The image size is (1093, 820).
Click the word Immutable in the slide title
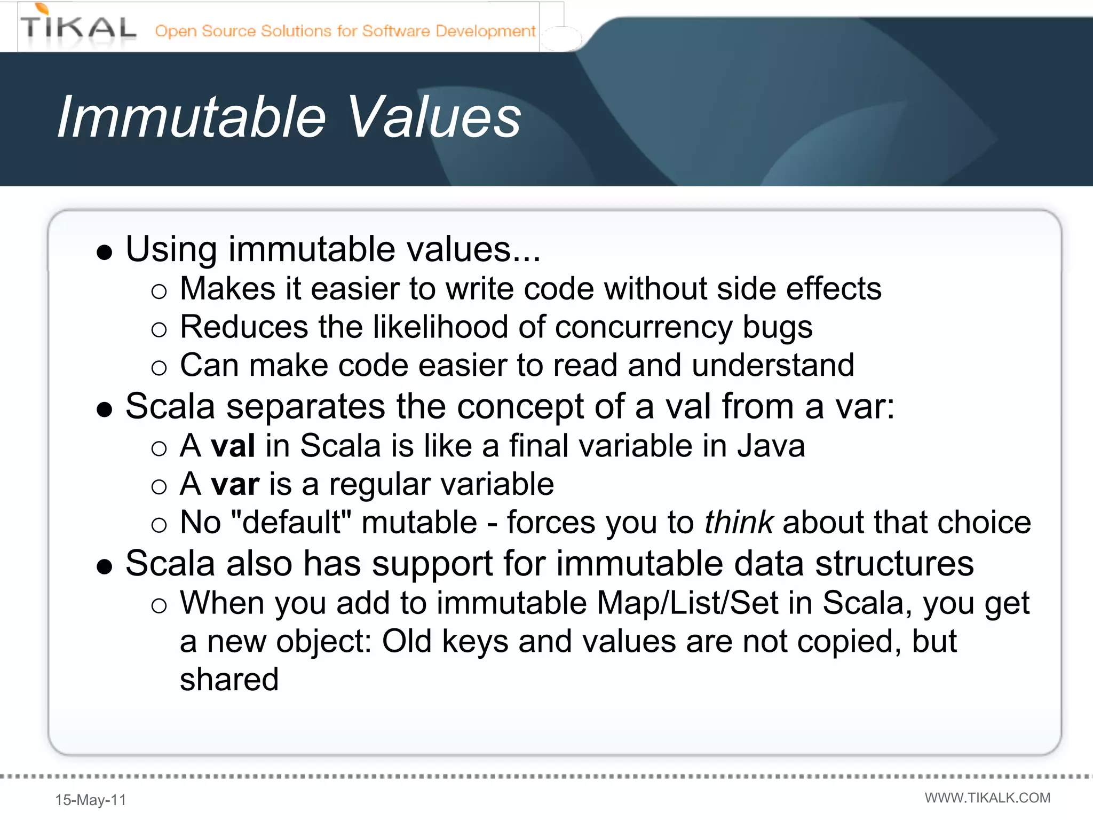pyautogui.click(x=191, y=117)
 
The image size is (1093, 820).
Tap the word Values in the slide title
pyautogui.click(x=434, y=117)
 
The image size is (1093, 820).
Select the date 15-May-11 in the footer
pyautogui.click(x=91, y=800)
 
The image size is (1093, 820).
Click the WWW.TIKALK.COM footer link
pyautogui.click(x=987, y=798)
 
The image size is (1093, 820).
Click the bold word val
pyautogui.click(x=233, y=446)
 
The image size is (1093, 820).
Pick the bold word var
pyautogui.click(x=235, y=484)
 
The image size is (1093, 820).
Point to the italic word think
pyautogui.click(x=739, y=522)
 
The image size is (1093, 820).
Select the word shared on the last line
pyautogui.click(x=229, y=680)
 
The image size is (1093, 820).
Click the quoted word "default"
pyautogui.click(x=291, y=522)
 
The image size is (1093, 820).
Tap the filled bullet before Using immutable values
pyautogui.click(x=105, y=252)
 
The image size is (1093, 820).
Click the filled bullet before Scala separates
pyautogui.click(x=105, y=409)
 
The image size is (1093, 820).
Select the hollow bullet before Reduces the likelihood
pyautogui.click(x=159, y=330)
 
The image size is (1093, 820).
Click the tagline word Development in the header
pyautogui.click(x=485, y=31)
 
